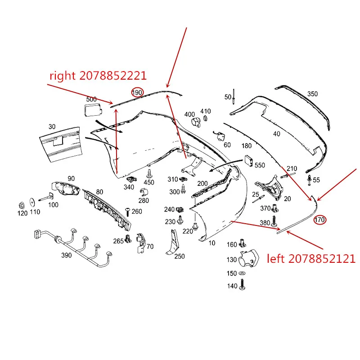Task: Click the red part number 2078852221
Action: pos(113,76)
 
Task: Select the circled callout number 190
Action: pos(137,93)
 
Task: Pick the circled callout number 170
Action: pos(320,220)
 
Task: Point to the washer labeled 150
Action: pos(242,273)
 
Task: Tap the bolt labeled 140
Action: pos(242,285)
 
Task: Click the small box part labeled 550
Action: pos(248,161)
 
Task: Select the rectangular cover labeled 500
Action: pos(93,109)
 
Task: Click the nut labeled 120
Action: pos(22,205)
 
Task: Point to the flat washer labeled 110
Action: pos(32,202)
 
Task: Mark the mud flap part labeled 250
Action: pos(172,243)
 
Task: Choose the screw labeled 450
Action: pos(149,174)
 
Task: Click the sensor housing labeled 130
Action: pos(249,258)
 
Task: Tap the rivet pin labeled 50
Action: pos(234,97)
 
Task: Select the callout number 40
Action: pos(277,134)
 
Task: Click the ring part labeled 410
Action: pos(205,118)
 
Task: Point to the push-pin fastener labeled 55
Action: pos(310,180)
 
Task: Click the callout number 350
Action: pos(312,94)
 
